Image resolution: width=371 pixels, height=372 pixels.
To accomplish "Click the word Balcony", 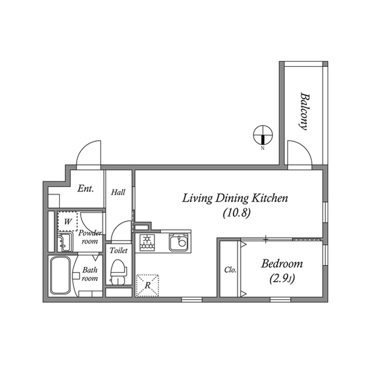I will click(x=304, y=111).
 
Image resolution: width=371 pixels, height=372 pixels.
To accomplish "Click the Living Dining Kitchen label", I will click(x=235, y=199).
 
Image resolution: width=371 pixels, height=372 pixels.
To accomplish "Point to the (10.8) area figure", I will click(x=236, y=213).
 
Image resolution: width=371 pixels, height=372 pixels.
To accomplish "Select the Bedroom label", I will click(x=282, y=264).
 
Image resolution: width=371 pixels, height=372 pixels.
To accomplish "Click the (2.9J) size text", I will click(x=282, y=278).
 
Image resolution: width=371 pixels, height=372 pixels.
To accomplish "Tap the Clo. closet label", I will click(x=230, y=270).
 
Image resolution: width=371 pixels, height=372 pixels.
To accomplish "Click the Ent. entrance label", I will click(x=86, y=188).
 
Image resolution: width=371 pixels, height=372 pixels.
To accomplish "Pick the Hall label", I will click(x=118, y=192).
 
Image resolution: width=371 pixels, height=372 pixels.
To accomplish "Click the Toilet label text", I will click(x=118, y=250).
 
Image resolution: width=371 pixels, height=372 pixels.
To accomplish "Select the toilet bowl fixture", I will click(x=118, y=271).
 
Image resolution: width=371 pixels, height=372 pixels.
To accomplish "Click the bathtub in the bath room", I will click(x=59, y=276).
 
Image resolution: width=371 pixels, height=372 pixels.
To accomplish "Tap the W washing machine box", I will click(x=68, y=221).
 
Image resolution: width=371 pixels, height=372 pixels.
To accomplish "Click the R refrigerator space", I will click(x=148, y=285).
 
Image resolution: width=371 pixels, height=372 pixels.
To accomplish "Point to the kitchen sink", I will click(x=180, y=241).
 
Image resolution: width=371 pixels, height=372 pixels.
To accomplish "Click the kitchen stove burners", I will click(x=147, y=241).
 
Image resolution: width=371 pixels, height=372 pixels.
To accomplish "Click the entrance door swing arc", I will click(x=88, y=152).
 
